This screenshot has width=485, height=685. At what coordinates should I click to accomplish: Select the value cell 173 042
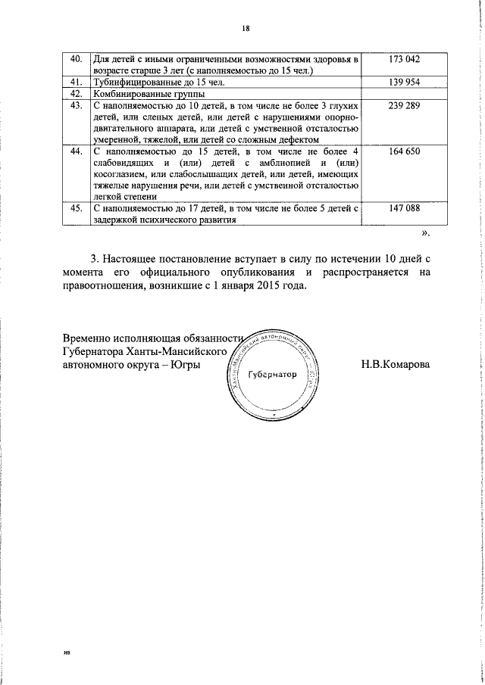(x=404, y=59)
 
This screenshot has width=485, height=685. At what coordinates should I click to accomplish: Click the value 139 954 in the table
(x=404, y=82)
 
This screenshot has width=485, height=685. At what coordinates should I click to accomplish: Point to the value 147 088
(x=404, y=206)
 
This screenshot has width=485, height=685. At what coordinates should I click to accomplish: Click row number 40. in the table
(x=76, y=59)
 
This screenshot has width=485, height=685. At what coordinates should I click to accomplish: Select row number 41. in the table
(x=76, y=82)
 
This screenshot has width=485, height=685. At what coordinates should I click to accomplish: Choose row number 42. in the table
(x=76, y=93)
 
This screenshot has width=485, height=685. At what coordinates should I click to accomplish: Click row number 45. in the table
(x=76, y=206)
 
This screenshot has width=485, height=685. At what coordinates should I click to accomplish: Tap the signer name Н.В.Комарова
(x=396, y=365)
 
